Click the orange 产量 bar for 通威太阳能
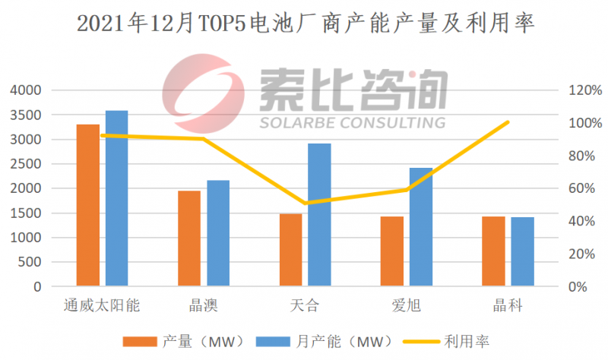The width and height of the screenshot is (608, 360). pos(88,205)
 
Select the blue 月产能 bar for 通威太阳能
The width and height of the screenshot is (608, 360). pos(116,198)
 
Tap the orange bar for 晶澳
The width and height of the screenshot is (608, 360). pos(189,238)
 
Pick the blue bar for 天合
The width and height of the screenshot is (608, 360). pos(319,215)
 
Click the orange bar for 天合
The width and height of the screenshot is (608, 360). pos(290,250)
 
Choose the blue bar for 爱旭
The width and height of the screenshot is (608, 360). pos(420,227)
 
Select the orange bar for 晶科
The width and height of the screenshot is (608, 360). pos(493,251)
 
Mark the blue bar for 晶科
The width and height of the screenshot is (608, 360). pos(522,252)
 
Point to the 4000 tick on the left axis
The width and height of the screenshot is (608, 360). pos(25,90)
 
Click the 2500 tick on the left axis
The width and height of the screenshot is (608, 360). pos(25,164)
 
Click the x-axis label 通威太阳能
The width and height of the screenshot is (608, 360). pos(102,306)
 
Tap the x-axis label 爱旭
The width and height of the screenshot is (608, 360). pos(406,306)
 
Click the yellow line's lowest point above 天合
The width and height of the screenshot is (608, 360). pos(305,203)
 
